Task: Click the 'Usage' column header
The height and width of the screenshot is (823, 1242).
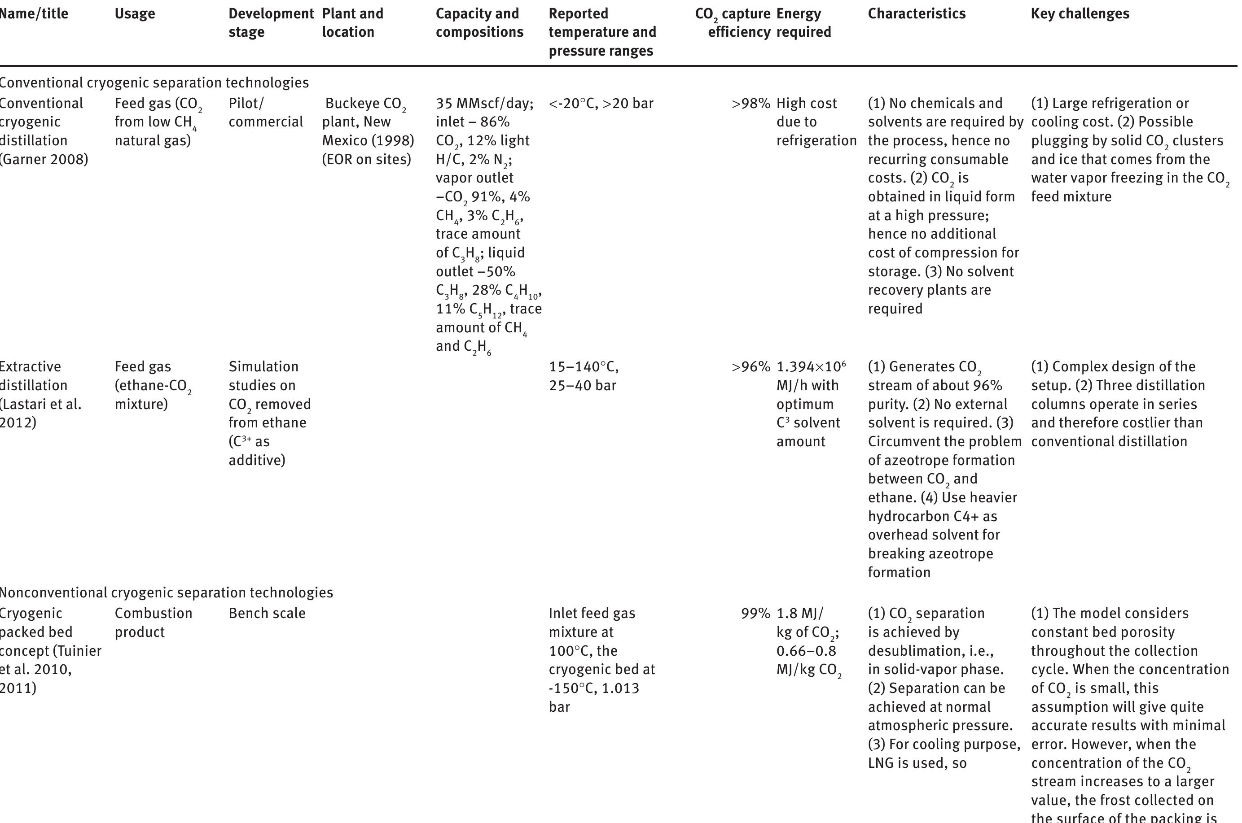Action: tap(135, 13)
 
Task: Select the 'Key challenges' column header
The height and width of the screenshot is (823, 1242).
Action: tap(1080, 13)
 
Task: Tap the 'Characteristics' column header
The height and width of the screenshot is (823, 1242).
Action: tap(917, 13)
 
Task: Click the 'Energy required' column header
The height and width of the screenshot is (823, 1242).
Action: tap(803, 22)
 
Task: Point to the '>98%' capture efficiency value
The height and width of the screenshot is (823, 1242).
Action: tap(750, 104)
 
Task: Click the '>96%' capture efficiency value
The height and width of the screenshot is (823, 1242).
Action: tap(750, 367)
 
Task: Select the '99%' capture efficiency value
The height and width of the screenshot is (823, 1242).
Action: tap(755, 614)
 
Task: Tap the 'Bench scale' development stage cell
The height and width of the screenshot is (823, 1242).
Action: tap(267, 614)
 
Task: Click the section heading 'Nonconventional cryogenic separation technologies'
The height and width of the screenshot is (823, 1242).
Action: tap(166, 592)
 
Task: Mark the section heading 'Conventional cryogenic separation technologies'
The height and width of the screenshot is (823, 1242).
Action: tap(154, 83)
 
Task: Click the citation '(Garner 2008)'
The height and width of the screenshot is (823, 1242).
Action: tap(44, 160)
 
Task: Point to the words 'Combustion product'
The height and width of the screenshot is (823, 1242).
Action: tap(154, 623)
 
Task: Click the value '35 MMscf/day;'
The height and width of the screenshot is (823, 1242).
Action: tap(484, 104)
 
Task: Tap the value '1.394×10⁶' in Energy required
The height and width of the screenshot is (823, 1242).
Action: tap(811, 367)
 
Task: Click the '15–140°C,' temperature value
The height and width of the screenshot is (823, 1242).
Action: tap(584, 367)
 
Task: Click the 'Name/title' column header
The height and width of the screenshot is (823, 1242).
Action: tap(34, 13)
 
